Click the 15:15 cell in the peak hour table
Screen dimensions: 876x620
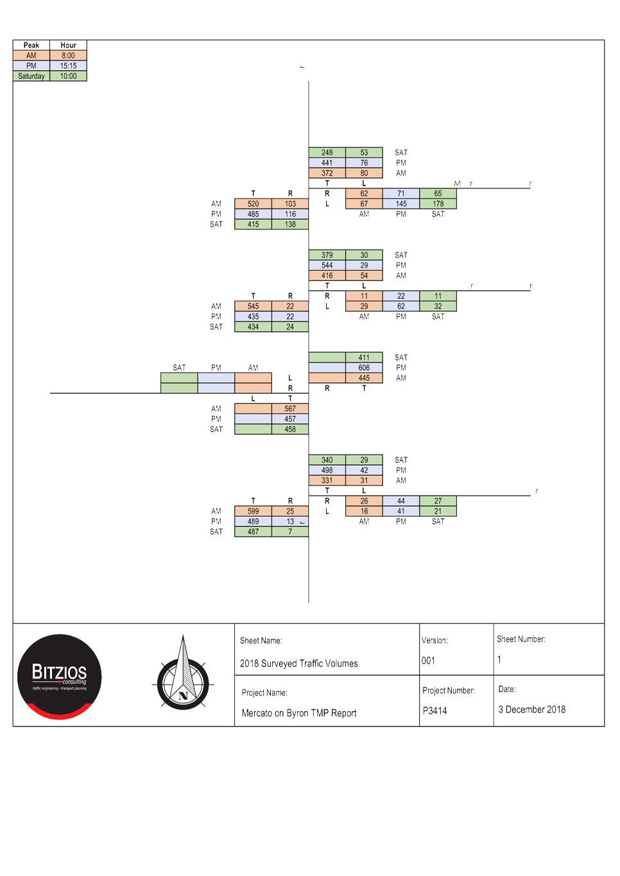tap(68, 66)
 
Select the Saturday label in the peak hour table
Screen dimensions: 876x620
tap(31, 76)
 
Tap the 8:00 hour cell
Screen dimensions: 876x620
tap(68, 56)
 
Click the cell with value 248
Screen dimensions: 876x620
tap(327, 153)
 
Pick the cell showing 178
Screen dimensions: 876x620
tap(438, 204)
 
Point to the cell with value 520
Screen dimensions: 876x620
tap(254, 204)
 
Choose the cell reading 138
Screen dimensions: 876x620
tap(290, 224)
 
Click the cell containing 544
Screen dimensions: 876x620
tap(327, 265)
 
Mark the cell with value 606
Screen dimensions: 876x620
tap(364, 368)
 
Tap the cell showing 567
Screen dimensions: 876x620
tap(290, 409)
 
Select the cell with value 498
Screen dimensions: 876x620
tap(327, 471)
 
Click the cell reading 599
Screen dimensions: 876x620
tap(254, 512)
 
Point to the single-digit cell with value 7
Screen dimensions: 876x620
tap(290, 532)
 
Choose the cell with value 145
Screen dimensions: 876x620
tap(401, 204)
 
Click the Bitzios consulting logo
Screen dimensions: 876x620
tap(60, 677)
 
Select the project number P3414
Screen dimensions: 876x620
tap(435, 711)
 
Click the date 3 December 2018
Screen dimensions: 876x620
tap(532, 709)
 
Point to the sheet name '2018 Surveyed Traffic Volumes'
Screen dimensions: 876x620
tap(299, 664)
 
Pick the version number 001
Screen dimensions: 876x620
tap(428, 661)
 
